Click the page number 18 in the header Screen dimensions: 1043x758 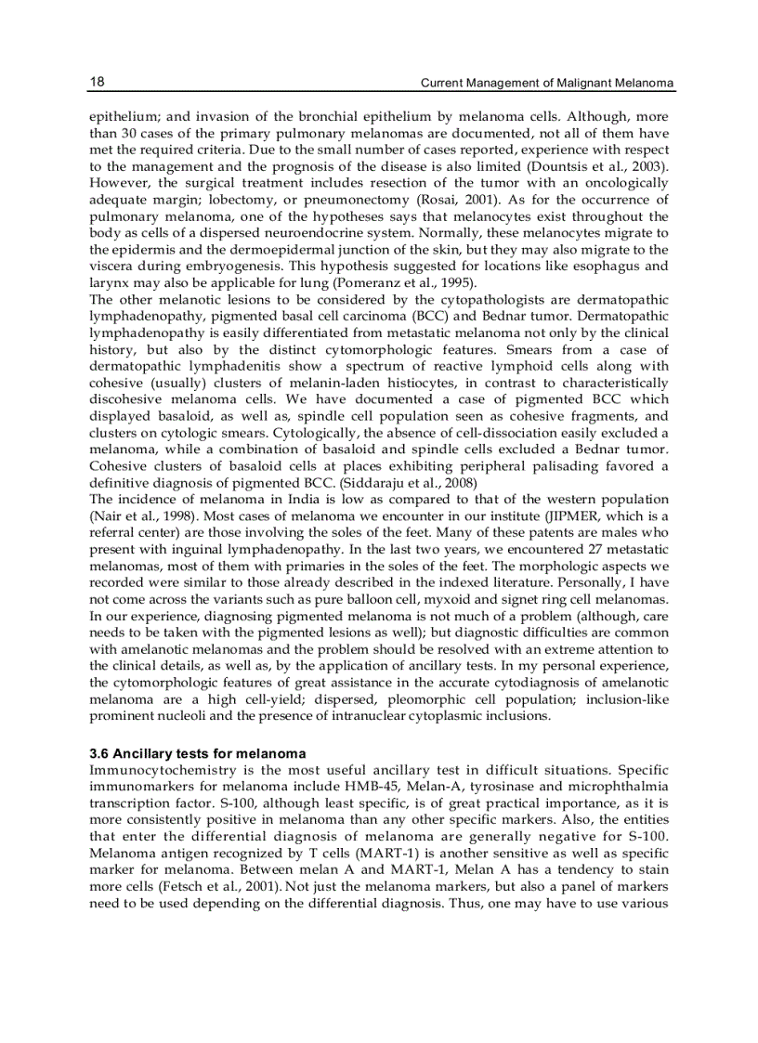97,83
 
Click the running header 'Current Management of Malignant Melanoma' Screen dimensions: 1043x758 547,84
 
